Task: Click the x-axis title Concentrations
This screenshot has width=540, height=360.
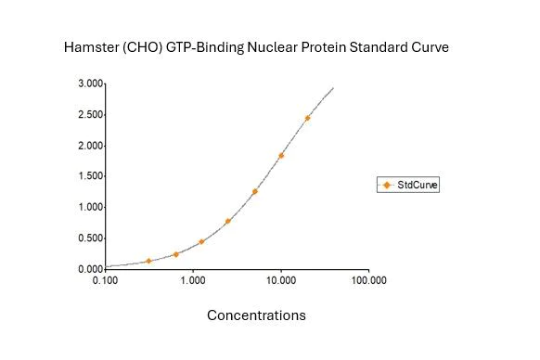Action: (256, 315)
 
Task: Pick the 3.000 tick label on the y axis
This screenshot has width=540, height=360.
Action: (90, 84)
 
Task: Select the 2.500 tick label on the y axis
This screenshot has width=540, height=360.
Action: (90, 115)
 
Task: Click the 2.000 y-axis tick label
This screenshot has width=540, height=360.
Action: (90, 146)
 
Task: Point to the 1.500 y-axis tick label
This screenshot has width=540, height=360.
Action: (90, 176)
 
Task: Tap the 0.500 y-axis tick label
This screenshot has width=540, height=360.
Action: (90, 238)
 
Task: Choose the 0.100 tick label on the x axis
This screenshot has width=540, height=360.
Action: (105, 279)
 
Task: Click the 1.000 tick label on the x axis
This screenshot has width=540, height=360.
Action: (192, 279)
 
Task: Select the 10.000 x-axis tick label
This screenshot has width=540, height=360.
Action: (280, 279)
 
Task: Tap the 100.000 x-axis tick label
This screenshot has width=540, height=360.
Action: (367, 279)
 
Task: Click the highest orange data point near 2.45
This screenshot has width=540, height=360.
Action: (307, 119)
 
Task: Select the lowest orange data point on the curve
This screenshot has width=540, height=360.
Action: (148, 261)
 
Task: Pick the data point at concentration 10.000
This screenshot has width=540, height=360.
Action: (281, 156)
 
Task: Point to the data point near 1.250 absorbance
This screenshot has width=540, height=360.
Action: (254, 192)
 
